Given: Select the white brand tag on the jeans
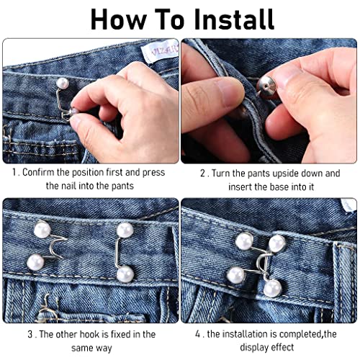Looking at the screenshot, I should (161, 52).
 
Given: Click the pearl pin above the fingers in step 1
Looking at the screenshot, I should (62, 84).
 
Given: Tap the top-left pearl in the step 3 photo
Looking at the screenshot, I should (41, 232).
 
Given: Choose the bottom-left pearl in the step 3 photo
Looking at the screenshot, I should (35, 262).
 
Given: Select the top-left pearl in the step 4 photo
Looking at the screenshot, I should (244, 240).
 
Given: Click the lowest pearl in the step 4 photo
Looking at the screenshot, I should (271, 288).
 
